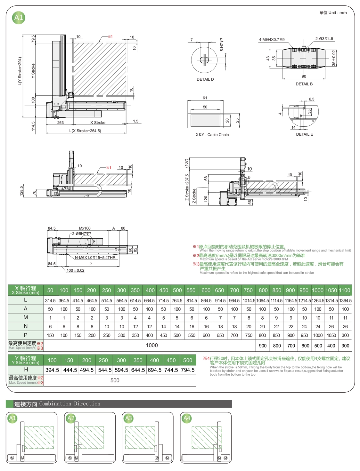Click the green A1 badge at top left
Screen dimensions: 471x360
19,17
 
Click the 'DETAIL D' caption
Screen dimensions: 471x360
205,79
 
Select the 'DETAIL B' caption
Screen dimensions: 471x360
304,84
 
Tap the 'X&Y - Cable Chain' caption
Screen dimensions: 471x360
212,135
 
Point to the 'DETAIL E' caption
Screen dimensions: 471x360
304,134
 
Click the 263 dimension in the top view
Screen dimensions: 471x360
60,123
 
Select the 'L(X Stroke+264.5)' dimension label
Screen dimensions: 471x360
85,131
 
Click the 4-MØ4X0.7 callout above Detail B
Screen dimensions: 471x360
272,40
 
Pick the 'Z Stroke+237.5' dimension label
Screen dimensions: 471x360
187,188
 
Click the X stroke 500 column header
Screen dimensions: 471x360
177,290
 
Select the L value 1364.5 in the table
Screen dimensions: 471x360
345,301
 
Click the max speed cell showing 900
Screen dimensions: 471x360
263,346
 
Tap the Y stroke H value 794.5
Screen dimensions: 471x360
188,370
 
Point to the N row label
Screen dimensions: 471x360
26,326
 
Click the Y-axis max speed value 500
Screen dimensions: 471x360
115,380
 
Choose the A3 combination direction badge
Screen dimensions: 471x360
128,418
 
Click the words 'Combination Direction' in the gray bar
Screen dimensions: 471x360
70,404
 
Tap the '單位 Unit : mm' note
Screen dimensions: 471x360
333,13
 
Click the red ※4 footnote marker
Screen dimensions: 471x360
206,358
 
